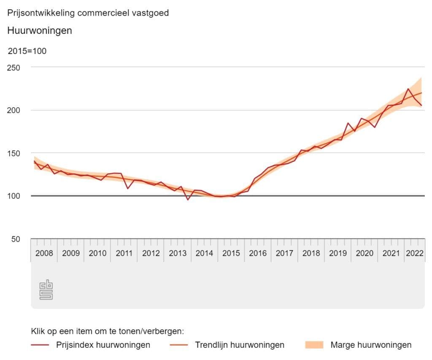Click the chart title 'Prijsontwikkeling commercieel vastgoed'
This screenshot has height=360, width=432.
[88, 13]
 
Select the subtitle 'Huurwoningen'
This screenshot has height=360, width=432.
[40, 31]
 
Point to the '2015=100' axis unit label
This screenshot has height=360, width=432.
[27, 51]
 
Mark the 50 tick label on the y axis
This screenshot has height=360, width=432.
[15, 239]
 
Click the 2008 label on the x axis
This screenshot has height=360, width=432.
[44, 253]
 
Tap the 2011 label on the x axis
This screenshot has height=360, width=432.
[124, 253]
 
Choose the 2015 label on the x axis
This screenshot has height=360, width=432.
[231, 253]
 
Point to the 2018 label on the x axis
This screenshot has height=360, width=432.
[311, 253]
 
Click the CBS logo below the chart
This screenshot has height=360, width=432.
[46, 290]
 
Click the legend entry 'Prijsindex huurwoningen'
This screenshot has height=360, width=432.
[103, 345]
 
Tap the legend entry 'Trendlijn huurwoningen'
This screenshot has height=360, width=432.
[240, 345]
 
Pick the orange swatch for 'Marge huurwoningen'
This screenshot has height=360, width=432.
[314, 345]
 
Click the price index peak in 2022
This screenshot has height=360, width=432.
[408, 89]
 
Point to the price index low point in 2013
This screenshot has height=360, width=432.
[188, 199]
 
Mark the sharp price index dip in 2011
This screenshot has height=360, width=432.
[128, 188]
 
